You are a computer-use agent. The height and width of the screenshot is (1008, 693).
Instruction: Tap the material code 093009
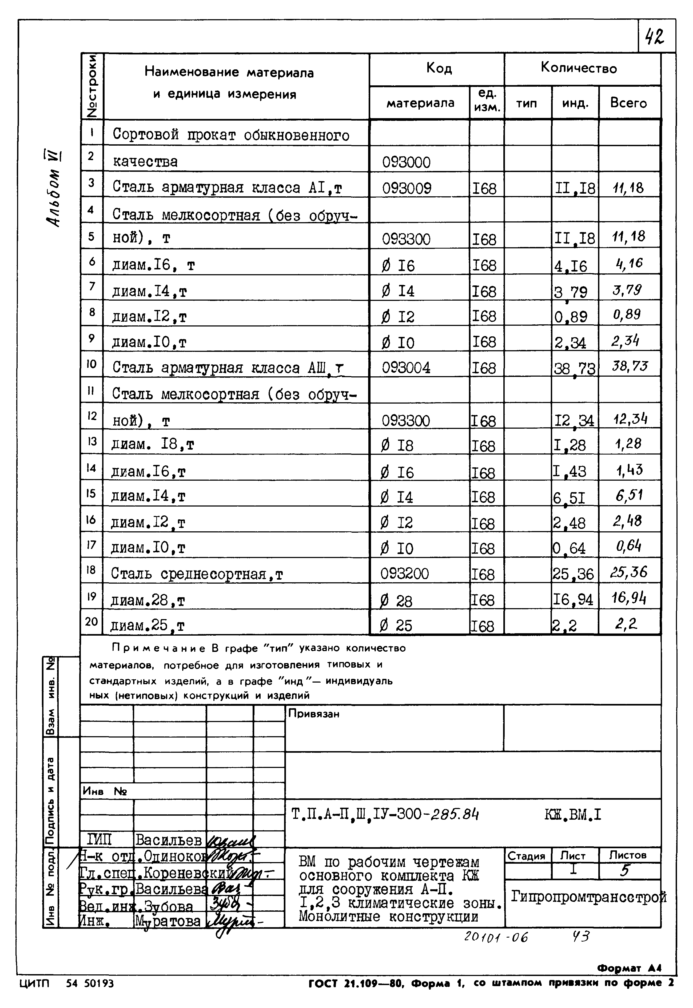click(407, 188)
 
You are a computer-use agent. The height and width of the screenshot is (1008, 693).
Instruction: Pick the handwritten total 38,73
click(629, 366)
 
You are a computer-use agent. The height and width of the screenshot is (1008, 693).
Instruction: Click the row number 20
click(91, 622)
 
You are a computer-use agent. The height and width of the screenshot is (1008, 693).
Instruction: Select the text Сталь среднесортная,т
click(196, 574)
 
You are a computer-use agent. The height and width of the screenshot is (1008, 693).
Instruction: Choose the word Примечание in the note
click(159, 648)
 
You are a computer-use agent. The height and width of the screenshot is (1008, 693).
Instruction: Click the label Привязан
click(313, 714)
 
